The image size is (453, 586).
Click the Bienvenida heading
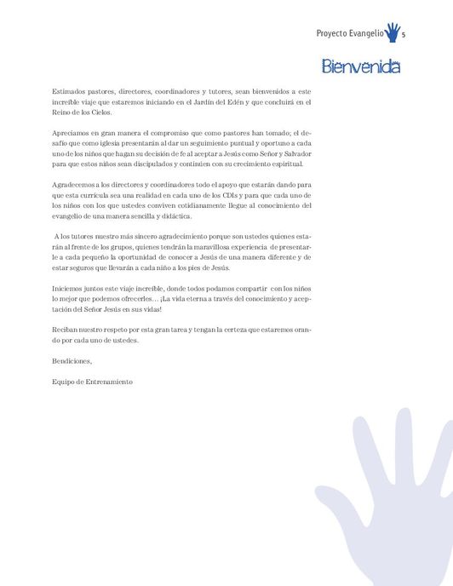click(x=361, y=66)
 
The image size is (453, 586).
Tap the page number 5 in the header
click(x=403, y=35)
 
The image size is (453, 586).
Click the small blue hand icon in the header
click(x=392, y=32)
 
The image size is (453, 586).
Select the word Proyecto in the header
click(x=332, y=35)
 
